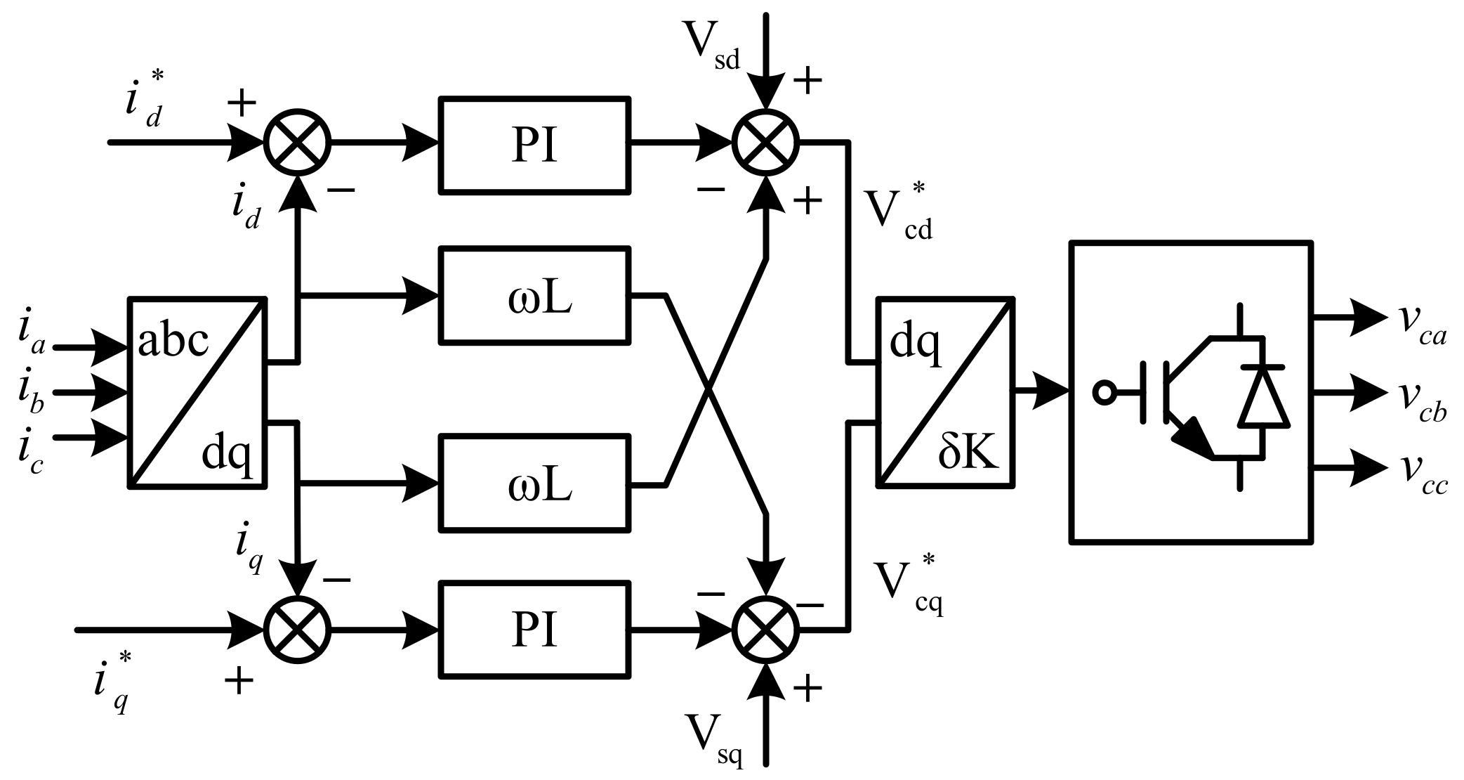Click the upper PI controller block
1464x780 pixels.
tap(534, 145)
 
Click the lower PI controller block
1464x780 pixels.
tap(534, 630)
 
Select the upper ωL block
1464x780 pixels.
tap(534, 296)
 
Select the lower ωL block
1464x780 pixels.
tap(534, 483)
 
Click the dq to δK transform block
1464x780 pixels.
tap(945, 392)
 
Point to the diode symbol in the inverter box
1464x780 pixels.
tap(1263, 397)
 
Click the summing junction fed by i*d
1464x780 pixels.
tap(297, 142)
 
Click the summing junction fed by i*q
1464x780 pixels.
tap(297, 630)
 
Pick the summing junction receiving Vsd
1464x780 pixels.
tap(766, 142)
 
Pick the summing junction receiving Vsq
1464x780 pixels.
tap(766, 630)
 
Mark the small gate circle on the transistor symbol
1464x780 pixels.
tap(1104, 393)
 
